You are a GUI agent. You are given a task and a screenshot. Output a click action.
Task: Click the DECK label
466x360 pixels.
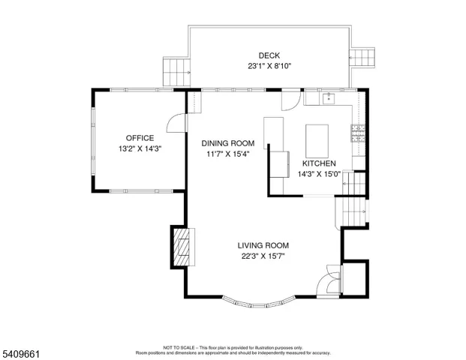(x=269, y=55)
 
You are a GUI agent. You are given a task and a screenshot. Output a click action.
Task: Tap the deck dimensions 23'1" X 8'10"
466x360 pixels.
(x=269, y=66)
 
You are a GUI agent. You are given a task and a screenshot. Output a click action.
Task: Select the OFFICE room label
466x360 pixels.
(x=140, y=138)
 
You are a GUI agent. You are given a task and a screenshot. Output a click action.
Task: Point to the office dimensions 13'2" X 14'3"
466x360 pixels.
(x=140, y=148)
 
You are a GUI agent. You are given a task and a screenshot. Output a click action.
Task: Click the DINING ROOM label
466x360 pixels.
(x=227, y=143)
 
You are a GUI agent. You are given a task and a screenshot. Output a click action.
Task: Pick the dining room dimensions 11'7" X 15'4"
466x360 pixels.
(x=227, y=154)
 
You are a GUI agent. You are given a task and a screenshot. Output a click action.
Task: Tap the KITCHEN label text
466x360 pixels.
(x=319, y=163)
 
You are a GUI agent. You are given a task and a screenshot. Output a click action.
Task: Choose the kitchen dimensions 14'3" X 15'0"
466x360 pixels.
(x=319, y=174)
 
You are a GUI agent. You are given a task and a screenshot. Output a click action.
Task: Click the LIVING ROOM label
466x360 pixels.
(x=263, y=245)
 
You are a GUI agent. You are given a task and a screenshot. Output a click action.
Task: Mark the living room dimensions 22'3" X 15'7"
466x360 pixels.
(x=263, y=256)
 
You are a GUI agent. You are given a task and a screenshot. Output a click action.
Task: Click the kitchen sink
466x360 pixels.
(x=329, y=97)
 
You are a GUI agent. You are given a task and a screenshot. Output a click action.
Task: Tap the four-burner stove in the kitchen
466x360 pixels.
(x=359, y=135)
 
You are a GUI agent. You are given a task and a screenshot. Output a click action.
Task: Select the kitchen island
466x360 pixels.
(x=317, y=139)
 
